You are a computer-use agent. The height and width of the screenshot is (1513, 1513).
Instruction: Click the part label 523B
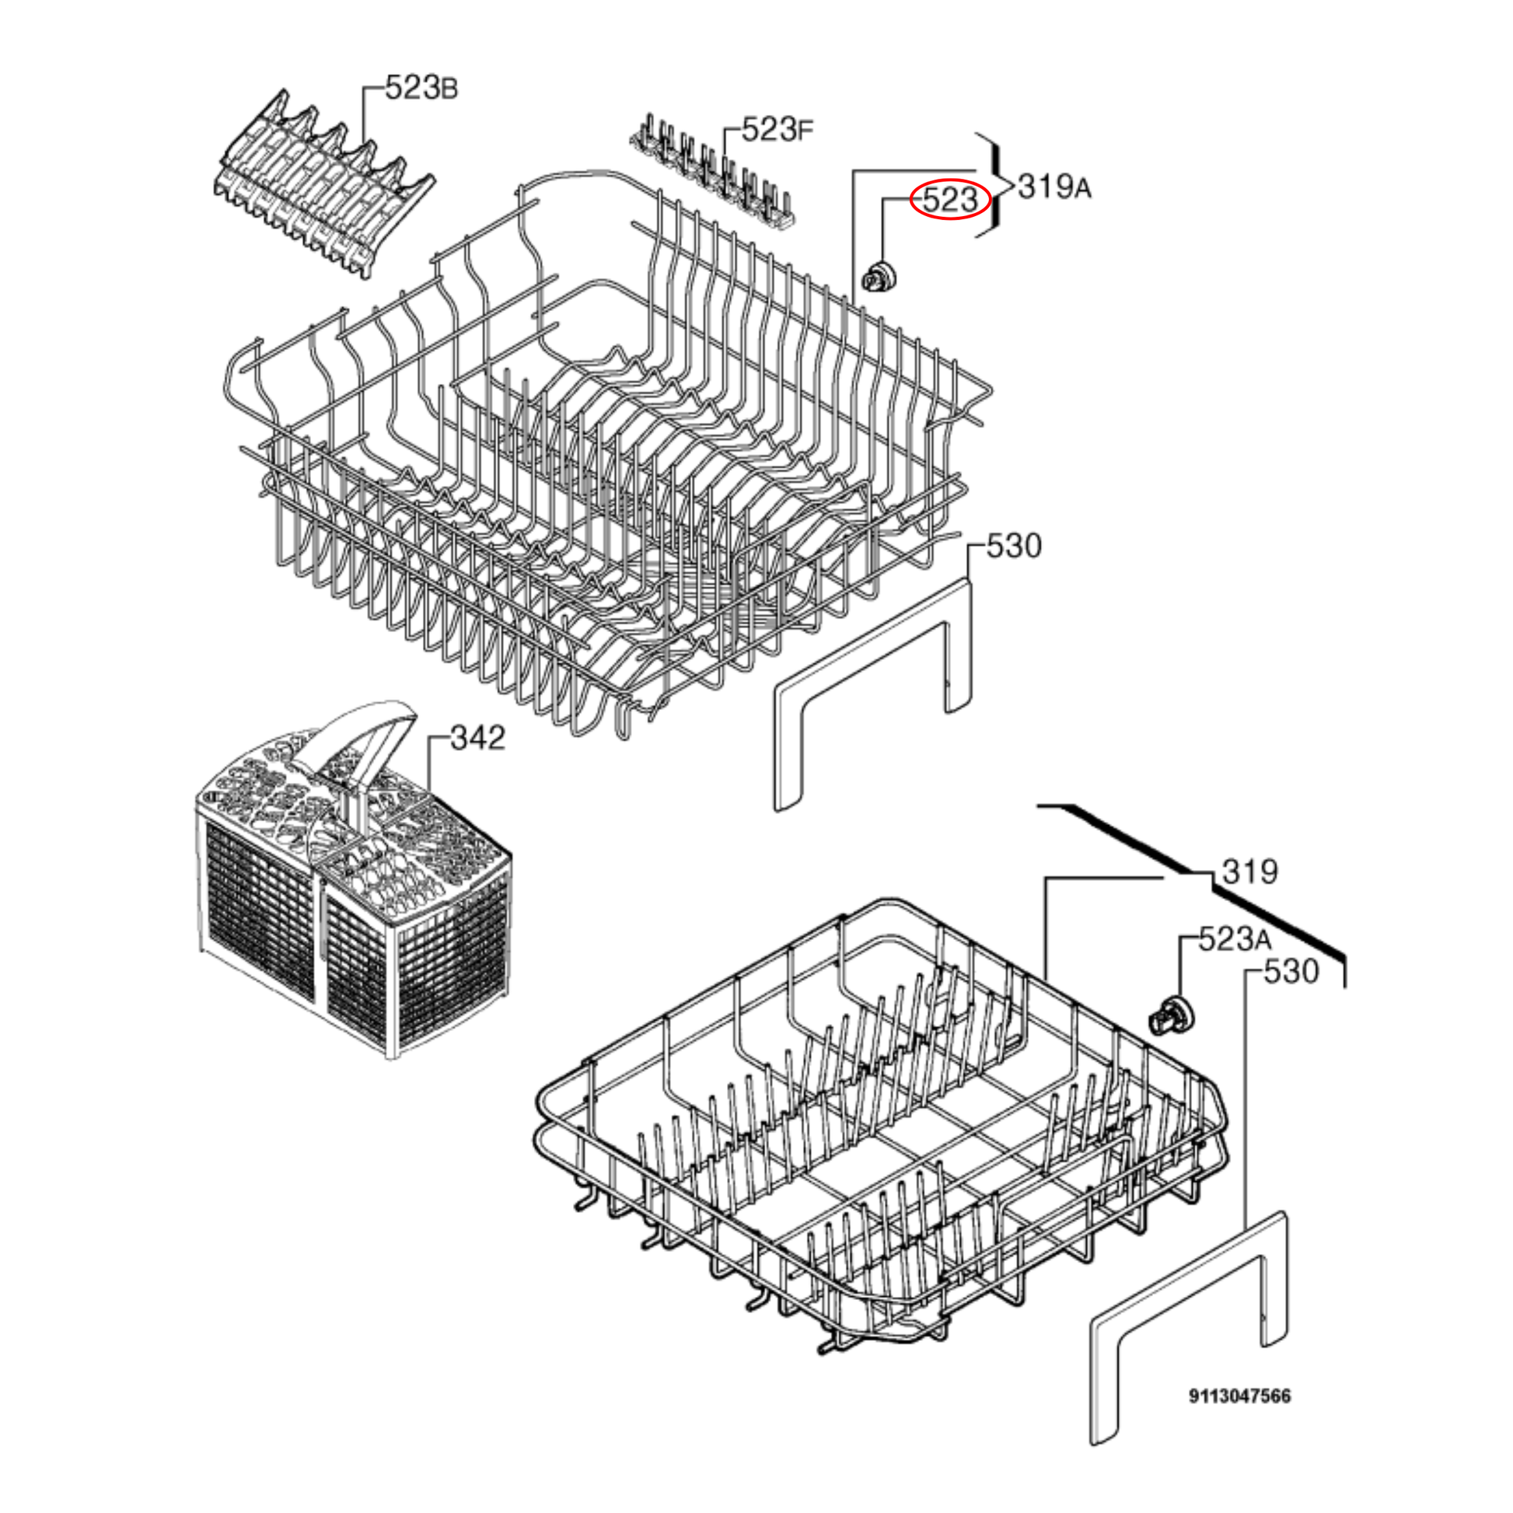tap(421, 87)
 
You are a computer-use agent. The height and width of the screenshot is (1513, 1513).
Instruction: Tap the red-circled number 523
tap(950, 200)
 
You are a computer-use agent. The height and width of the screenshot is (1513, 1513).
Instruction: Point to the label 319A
tap(1054, 187)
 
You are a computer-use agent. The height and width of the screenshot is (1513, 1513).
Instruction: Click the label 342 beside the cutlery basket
tap(477, 737)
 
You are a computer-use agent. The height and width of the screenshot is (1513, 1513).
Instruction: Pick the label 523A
tap(1235, 938)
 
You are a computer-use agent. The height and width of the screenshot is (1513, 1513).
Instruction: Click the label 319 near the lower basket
tap(1250, 871)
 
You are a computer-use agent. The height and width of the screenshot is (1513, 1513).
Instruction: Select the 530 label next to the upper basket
tap(1014, 546)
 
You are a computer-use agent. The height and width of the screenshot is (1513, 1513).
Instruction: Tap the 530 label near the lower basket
tap(1291, 971)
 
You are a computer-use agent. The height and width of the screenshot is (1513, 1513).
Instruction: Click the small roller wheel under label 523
tap(880, 278)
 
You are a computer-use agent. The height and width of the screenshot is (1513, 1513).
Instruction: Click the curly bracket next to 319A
tap(992, 185)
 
